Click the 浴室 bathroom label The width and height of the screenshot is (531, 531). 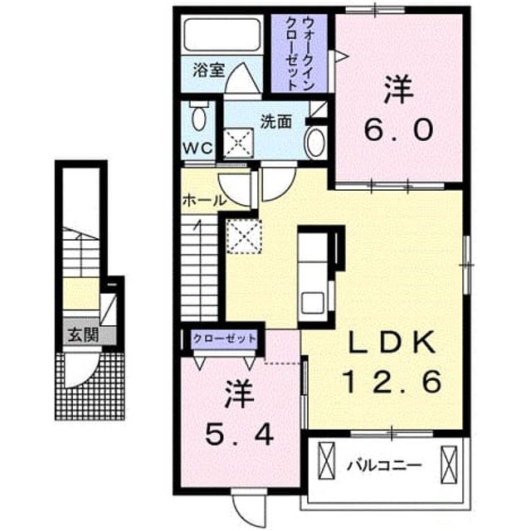[x=208, y=70]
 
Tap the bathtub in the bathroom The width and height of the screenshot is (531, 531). [x=222, y=35]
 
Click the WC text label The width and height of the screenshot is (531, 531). [x=198, y=148]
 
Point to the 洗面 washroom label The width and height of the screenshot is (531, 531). [x=276, y=122]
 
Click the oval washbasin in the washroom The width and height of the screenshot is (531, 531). [x=315, y=142]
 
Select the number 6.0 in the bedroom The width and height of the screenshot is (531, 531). [x=398, y=130]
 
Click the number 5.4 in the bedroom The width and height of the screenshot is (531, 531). [x=239, y=435]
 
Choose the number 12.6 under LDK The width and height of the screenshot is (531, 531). [x=392, y=382]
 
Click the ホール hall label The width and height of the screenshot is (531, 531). [x=204, y=201]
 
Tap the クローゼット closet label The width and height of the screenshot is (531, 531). [x=224, y=339]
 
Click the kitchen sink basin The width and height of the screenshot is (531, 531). [x=313, y=302]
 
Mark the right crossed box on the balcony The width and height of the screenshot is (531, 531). [x=449, y=465]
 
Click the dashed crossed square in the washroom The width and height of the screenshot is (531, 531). [x=239, y=144]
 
